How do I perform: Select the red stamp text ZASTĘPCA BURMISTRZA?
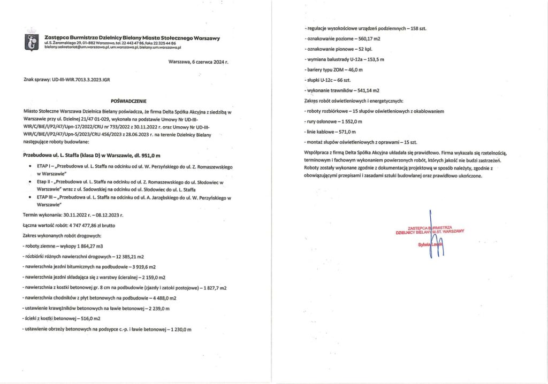click(x=422, y=227)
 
